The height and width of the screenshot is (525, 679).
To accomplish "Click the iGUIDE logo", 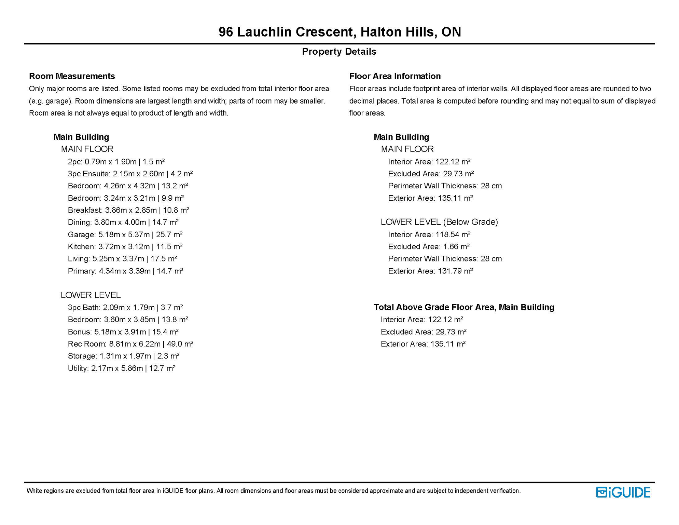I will [x=623, y=492].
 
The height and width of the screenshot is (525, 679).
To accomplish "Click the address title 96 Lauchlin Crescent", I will [x=339, y=32].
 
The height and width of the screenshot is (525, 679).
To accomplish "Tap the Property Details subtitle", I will [x=339, y=52].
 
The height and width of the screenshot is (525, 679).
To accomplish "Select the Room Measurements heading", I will [x=72, y=76].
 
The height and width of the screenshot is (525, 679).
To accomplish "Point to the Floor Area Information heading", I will [x=395, y=76].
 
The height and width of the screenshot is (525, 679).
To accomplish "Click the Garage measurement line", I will [x=125, y=234].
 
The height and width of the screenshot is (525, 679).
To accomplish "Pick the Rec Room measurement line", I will [x=130, y=344].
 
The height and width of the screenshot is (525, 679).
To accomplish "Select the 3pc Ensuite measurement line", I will [x=130, y=174].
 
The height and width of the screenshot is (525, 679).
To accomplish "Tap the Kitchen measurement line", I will [x=125, y=246].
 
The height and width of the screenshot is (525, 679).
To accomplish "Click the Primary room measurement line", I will [x=125, y=271].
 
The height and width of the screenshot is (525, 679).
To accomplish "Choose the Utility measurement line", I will [x=121, y=368].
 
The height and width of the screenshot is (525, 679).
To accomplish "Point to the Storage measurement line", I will [x=124, y=356].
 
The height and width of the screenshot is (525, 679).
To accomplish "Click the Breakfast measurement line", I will [x=128, y=210].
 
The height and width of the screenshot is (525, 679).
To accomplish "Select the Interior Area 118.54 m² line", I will [x=429, y=234].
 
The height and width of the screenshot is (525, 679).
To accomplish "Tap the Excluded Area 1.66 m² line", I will [x=429, y=246].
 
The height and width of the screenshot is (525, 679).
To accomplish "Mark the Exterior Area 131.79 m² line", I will [x=430, y=271].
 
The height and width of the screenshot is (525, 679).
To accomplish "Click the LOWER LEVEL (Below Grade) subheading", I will [x=439, y=222].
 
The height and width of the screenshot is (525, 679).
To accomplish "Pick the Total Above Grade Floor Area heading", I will [x=464, y=307].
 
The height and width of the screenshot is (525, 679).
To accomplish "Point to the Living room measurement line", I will [x=122, y=259].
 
